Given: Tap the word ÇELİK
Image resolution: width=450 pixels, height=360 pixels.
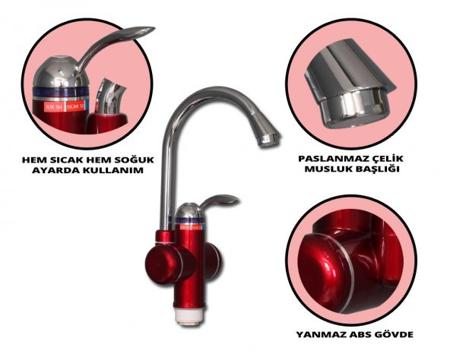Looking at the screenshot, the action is tap(389, 158).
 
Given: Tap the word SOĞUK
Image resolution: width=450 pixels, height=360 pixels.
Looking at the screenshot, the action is tap(134, 159).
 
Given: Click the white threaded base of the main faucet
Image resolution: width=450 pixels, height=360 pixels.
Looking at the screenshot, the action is tap(190, 315).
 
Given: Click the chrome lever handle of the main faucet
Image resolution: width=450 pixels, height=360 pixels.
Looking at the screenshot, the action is tap(219, 201).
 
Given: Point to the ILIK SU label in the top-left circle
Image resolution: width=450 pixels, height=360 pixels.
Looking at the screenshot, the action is tap(55, 107).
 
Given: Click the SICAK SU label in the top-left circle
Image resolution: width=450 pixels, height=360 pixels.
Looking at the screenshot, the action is tap(75, 107).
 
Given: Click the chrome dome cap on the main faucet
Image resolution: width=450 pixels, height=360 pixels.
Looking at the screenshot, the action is tap(189, 210).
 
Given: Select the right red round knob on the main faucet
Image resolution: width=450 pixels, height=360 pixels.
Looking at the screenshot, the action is tap(214, 262).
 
